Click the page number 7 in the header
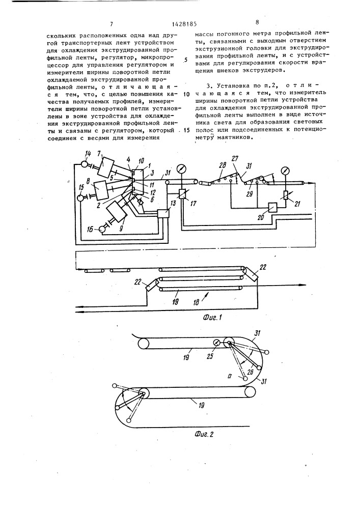pos(110,23)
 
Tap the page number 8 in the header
pos(257,22)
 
